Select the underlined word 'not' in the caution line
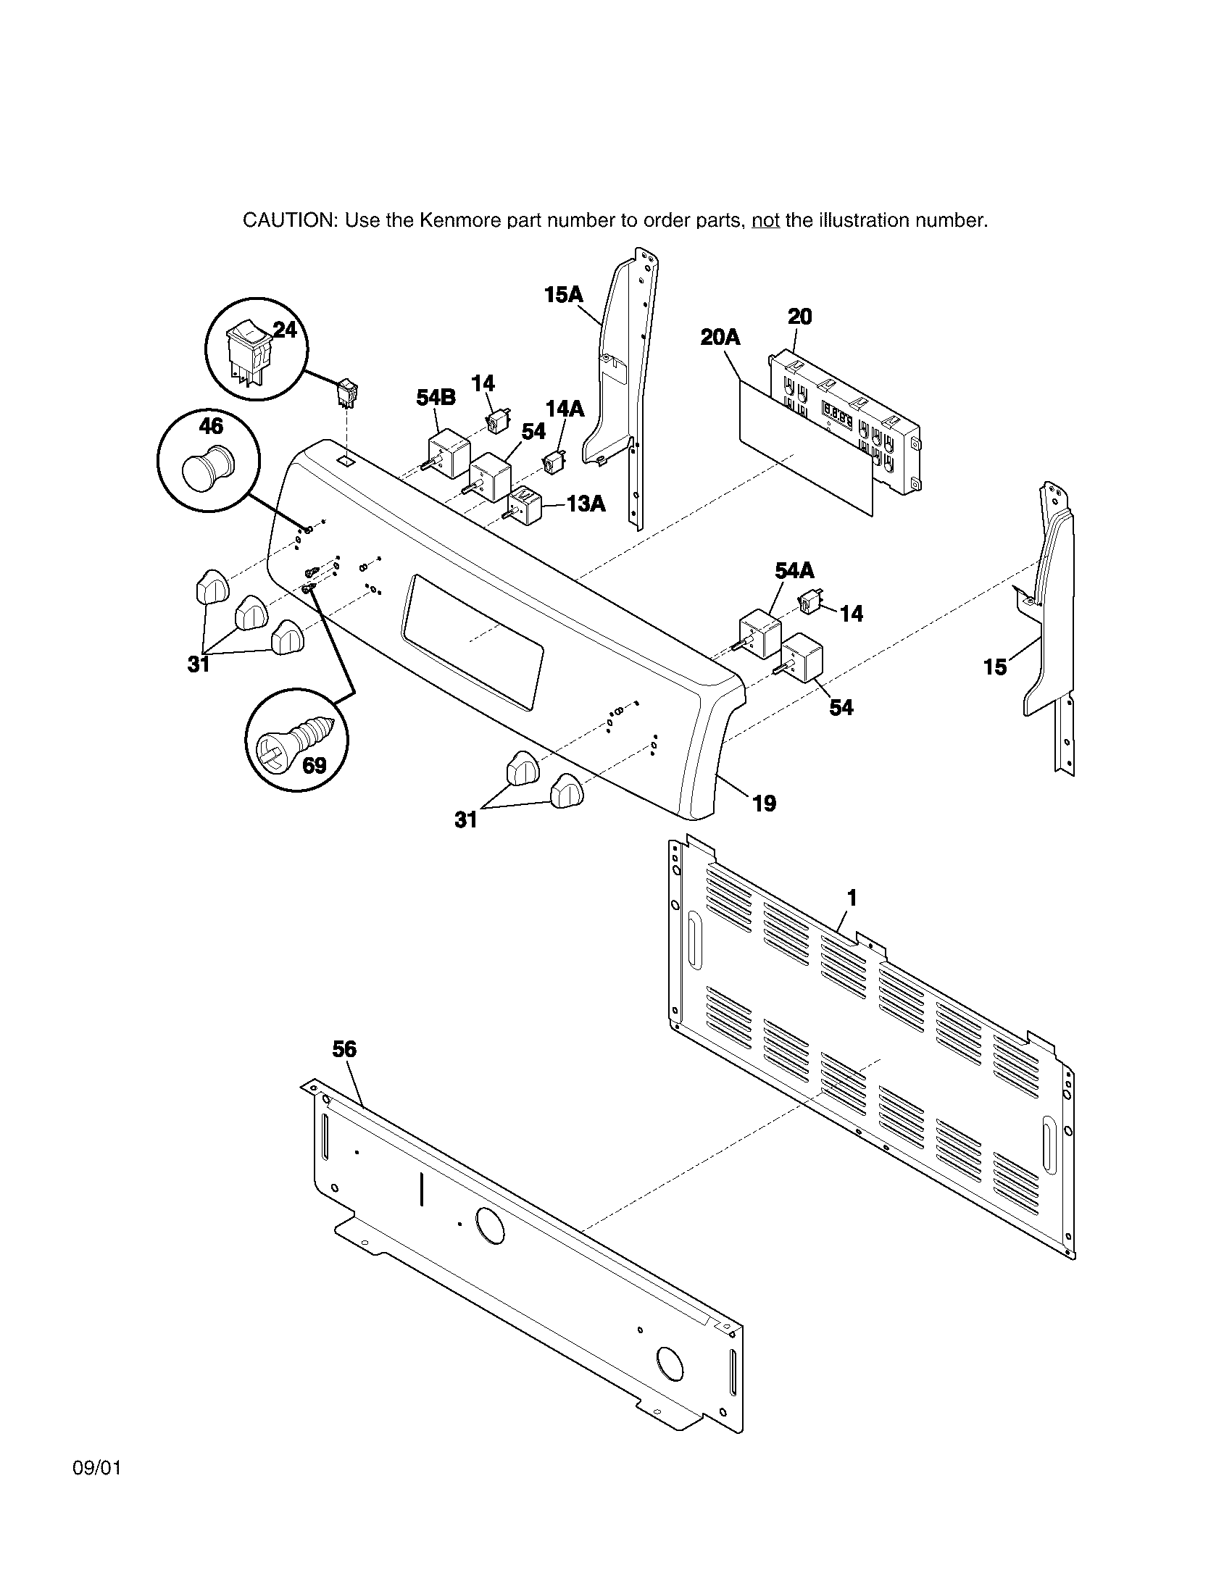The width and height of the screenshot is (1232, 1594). (x=765, y=220)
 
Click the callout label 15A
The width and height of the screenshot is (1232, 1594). (x=563, y=295)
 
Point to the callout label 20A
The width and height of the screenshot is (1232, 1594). (x=720, y=337)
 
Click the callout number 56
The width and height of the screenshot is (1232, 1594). (x=344, y=1049)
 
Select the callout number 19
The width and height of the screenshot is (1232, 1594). (x=764, y=804)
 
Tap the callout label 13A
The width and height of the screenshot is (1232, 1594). (x=586, y=504)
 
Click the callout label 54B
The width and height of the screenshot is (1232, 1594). (x=436, y=398)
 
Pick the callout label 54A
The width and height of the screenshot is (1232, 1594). (x=794, y=570)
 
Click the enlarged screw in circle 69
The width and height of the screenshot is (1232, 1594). (x=296, y=738)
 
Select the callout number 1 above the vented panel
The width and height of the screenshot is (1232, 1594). (x=851, y=898)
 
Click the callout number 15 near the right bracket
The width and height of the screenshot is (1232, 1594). (x=995, y=667)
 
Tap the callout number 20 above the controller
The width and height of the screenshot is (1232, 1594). (x=800, y=317)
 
